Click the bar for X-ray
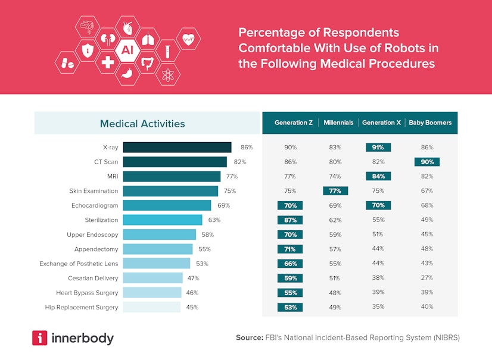pyautogui.click(x=177, y=148)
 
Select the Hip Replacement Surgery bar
pyautogui.click(x=151, y=308)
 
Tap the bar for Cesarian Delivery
pyautogui.click(x=152, y=278)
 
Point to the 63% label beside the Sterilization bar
pyautogui.click(x=214, y=220)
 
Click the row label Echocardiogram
pyautogui.click(x=94, y=205)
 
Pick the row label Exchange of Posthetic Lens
pyautogui.click(x=79, y=264)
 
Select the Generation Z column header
pyautogui.click(x=293, y=123)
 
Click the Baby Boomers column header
pyautogui.click(x=429, y=123)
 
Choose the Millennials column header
pyautogui.click(x=338, y=123)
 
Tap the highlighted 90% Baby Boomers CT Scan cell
pyautogui.click(x=427, y=162)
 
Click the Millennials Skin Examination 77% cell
pyautogui.click(x=335, y=191)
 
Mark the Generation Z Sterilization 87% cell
pyautogui.click(x=290, y=220)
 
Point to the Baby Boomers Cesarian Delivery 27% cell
pyautogui.click(x=427, y=278)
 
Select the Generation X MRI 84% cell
pyautogui.click(x=378, y=176)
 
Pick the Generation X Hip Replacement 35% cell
pyautogui.click(x=378, y=308)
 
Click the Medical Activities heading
pyautogui.click(x=142, y=124)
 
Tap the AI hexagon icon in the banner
pyautogui.click(x=127, y=50)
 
